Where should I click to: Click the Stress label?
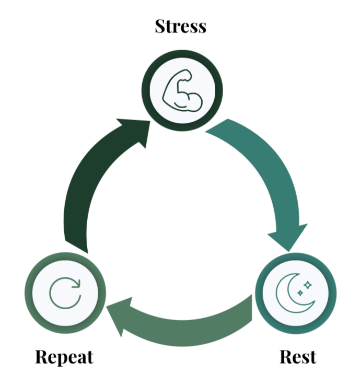click(x=180, y=26)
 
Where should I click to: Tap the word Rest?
click(x=298, y=357)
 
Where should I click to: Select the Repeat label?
click(x=64, y=357)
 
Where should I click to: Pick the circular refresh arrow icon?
click(x=65, y=292)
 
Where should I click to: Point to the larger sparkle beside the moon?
click(x=308, y=285)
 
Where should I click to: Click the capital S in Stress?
click(x=160, y=26)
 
